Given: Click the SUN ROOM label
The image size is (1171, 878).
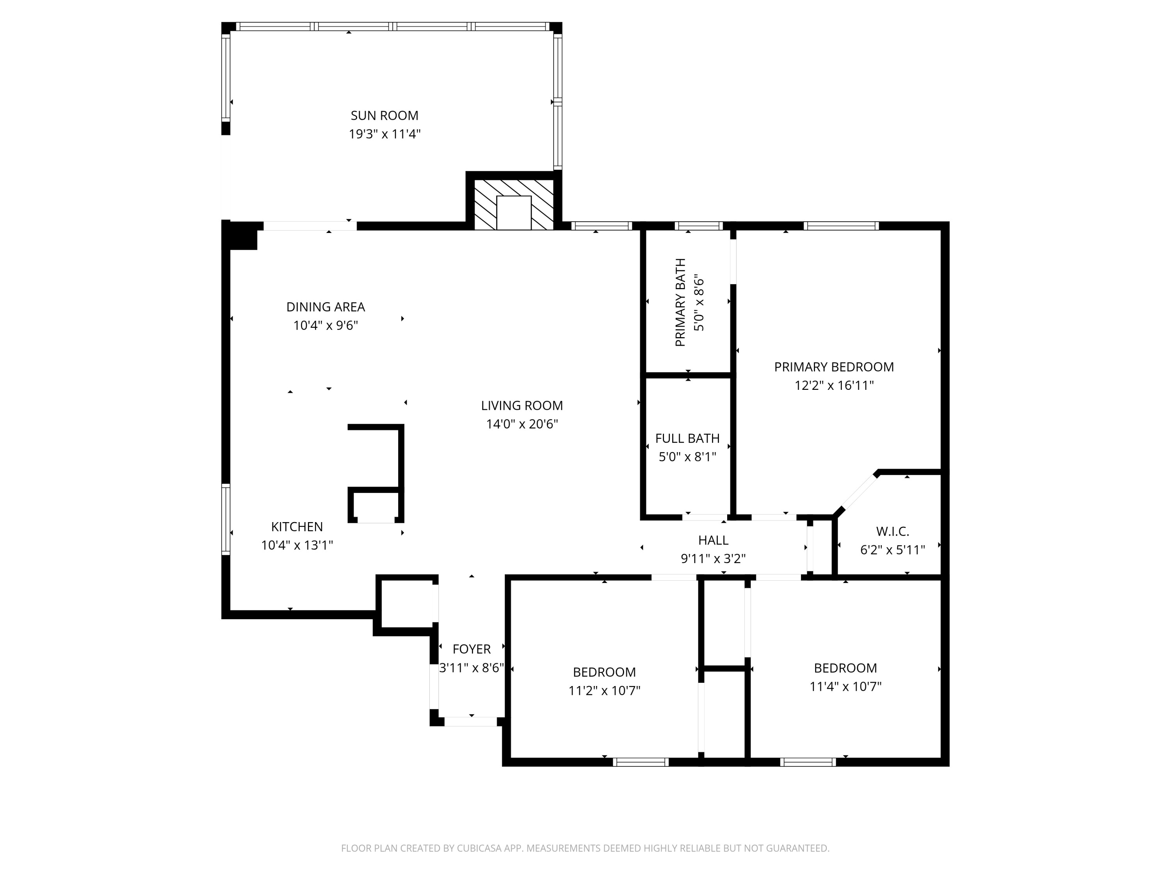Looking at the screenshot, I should [384, 116].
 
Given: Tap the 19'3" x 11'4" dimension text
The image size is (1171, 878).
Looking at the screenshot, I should [384, 134].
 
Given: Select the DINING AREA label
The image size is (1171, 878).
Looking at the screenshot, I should [326, 307].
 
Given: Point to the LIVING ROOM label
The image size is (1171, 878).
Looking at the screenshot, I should [521, 405].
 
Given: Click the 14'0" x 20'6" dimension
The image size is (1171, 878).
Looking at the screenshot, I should [521, 424].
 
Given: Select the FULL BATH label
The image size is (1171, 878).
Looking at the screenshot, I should [687, 438].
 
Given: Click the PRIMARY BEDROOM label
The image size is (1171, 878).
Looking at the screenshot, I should [834, 367].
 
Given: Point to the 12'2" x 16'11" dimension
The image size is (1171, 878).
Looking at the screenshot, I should [834, 385].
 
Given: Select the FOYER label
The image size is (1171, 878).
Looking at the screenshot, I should [471, 649].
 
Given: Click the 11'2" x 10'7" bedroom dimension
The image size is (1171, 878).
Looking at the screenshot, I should [604, 691].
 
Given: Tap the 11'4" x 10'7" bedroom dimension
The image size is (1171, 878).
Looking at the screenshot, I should [845, 686].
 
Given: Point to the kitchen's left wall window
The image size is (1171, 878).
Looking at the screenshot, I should [226, 519].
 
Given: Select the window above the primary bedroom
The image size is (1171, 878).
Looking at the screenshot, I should [841, 226].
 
